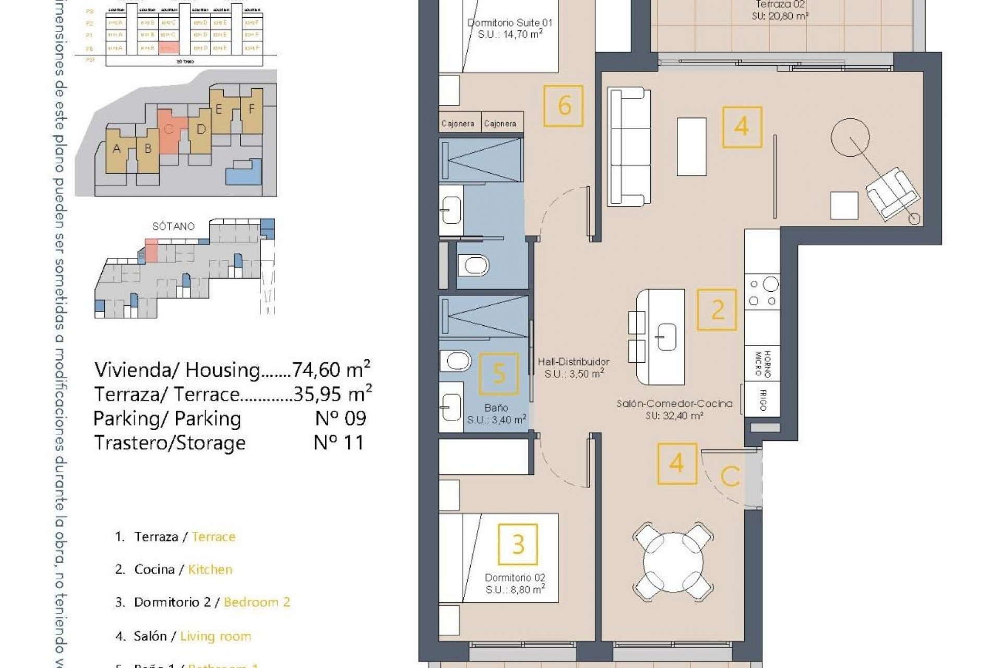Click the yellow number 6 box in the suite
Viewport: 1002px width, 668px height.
click(x=563, y=106)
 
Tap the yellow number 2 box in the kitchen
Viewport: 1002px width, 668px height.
click(x=718, y=310)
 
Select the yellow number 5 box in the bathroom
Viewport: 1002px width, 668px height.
click(x=498, y=374)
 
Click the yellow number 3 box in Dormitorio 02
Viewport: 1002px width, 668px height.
click(x=518, y=545)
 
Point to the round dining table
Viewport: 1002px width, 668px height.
click(x=672, y=563)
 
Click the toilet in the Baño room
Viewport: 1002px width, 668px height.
click(x=457, y=361)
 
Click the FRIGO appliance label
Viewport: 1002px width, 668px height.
click(x=762, y=400)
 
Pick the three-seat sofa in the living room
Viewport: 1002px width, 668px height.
click(x=629, y=146)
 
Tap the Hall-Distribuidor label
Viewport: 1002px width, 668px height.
click(x=574, y=362)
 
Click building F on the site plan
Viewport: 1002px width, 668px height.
click(x=252, y=110)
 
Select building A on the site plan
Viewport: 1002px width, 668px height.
click(x=116, y=149)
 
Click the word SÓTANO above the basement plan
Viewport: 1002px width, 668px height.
click(x=173, y=226)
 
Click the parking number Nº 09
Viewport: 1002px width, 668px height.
click(x=340, y=418)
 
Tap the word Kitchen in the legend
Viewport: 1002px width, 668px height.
click(x=210, y=569)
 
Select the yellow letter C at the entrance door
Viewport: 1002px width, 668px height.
click(x=730, y=476)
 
